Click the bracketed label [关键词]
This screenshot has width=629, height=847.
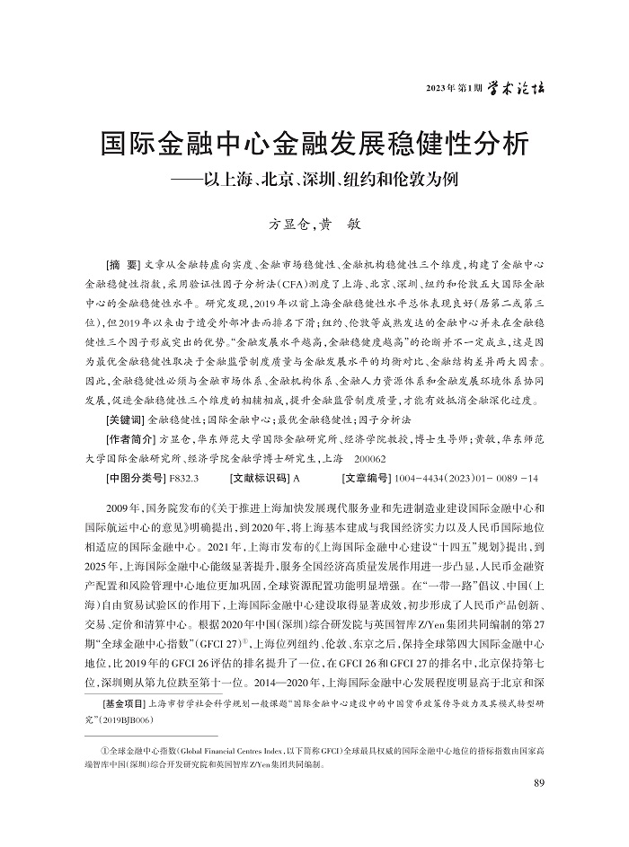click(x=126, y=419)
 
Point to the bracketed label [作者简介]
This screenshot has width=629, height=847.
click(x=131, y=439)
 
